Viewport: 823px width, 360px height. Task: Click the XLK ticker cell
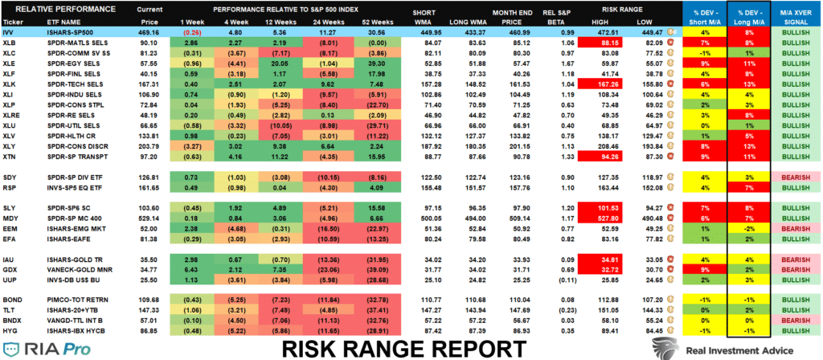[x=10, y=83]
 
